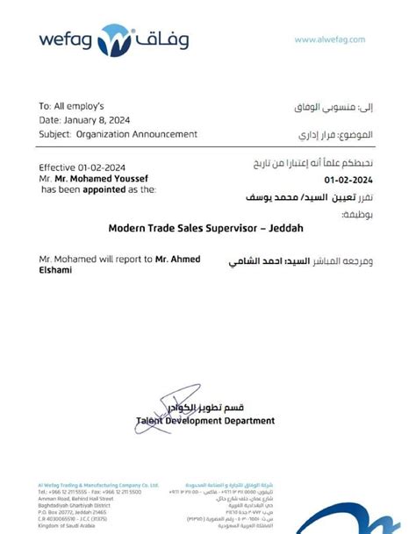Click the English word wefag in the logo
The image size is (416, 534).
point(64,39)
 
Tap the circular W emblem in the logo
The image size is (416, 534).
point(114,39)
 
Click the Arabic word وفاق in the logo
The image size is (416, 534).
point(162,39)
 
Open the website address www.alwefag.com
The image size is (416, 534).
point(330,39)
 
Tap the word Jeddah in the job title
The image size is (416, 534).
point(289,227)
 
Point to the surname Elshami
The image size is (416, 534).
point(56,270)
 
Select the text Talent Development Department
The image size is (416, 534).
point(205,421)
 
